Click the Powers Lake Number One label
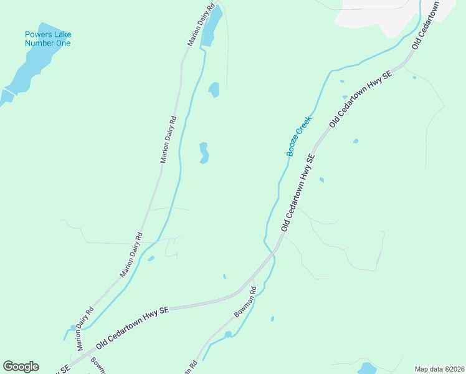click(x=47, y=39)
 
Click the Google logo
click(x=21, y=367)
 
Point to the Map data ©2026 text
click(x=440, y=369)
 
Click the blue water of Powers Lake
click(x=31, y=70)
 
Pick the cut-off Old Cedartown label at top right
click(x=426, y=25)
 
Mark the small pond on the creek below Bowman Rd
click(x=229, y=335)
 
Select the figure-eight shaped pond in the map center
click(x=204, y=153)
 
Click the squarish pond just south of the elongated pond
click(x=214, y=90)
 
